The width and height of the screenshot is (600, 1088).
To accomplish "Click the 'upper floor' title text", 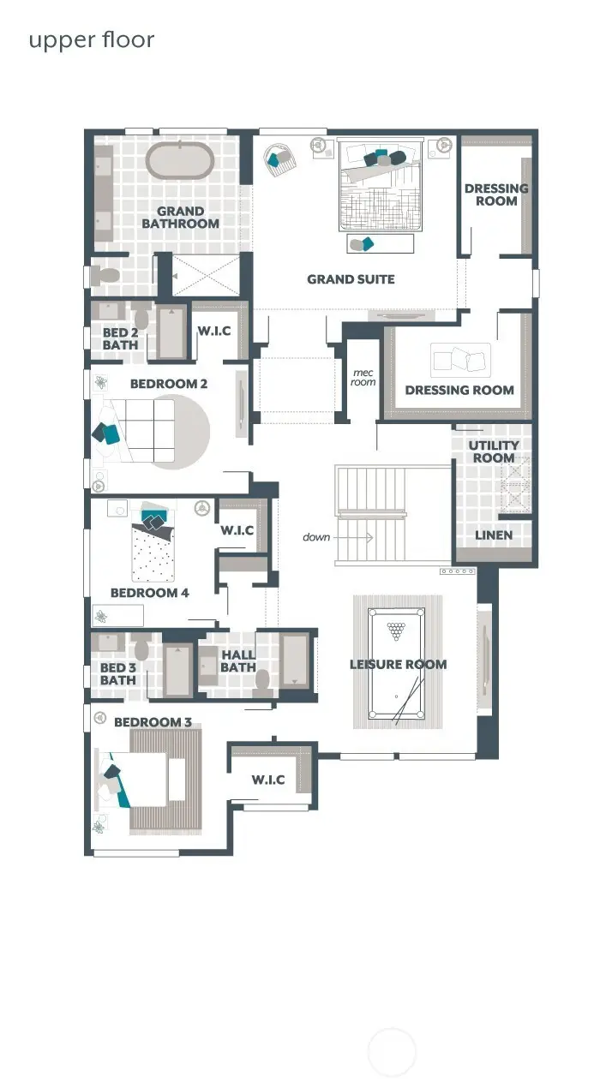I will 91,40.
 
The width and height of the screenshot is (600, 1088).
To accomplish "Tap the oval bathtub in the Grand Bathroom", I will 179,160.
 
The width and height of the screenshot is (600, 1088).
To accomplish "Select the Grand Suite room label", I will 351,279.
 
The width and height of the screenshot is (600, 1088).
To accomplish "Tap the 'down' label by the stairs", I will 316,538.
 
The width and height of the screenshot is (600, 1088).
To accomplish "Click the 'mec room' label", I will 363,377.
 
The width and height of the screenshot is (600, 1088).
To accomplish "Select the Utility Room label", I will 494,451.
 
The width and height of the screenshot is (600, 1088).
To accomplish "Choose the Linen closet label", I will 494,535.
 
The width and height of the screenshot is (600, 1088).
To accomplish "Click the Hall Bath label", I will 238,661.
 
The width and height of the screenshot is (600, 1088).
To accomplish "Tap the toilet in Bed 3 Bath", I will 141,649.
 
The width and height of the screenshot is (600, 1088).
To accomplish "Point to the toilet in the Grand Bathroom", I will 107,276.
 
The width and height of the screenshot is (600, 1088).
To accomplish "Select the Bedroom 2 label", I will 169,384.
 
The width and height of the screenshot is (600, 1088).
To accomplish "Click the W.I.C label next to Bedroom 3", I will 268,780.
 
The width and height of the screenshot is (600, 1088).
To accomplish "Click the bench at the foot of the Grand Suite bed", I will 381,244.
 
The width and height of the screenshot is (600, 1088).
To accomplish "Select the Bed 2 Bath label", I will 120,339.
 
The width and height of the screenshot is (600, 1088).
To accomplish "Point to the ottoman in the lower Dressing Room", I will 460,360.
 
